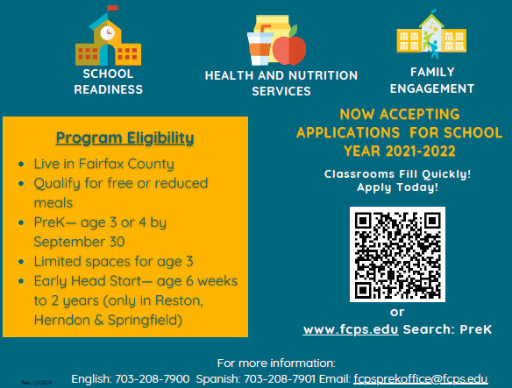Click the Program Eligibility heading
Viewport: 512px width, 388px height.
click(124, 138)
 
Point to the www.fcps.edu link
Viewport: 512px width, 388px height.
click(351, 329)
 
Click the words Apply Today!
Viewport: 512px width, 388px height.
click(397, 188)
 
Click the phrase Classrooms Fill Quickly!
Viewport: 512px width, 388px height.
click(397, 174)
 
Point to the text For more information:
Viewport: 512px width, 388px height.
click(276, 362)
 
